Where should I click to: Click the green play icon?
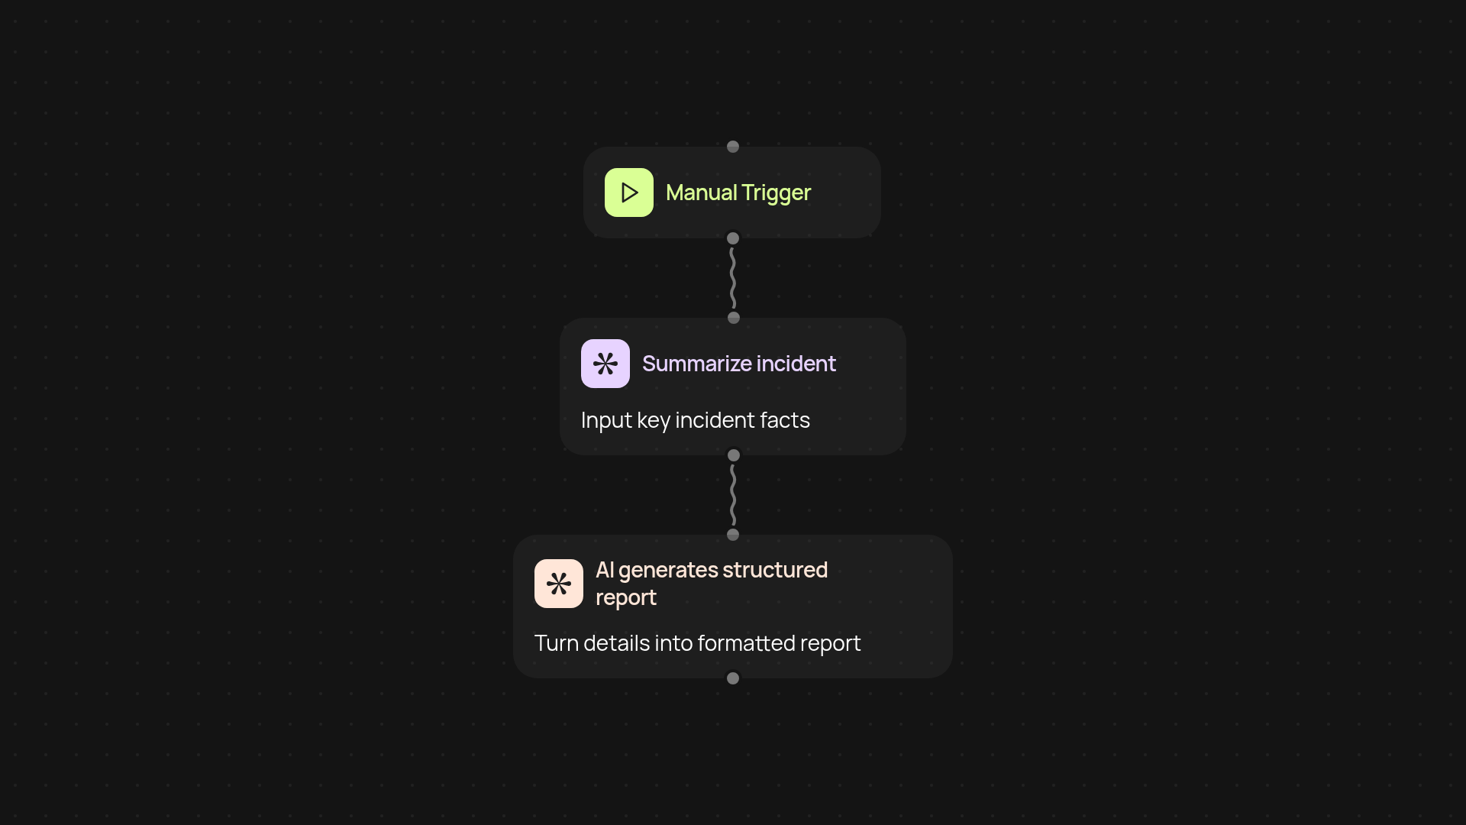[x=628, y=192]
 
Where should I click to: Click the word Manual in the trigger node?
[x=701, y=192]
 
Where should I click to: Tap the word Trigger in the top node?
[x=775, y=193]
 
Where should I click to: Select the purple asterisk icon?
[x=605, y=364]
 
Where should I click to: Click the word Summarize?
[x=696, y=364]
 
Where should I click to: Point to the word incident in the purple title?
[x=796, y=364]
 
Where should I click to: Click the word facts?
[x=784, y=420]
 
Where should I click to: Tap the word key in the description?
[x=653, y=421]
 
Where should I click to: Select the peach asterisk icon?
[x=558, y=584]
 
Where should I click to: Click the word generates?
[x=667, y=571]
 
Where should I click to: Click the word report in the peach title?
[x=625, y=598]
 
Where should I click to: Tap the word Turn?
[x=556, y=643]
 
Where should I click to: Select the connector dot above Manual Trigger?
[x=733, y=147]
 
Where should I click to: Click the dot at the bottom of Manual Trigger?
[x=733, y=238]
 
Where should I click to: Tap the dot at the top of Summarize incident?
[x=734, y=318]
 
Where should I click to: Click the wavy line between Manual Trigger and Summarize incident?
[x=733, y=278]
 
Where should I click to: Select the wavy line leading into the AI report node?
[x=733, y=495]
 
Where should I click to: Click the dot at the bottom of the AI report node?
[x=733, y=678]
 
